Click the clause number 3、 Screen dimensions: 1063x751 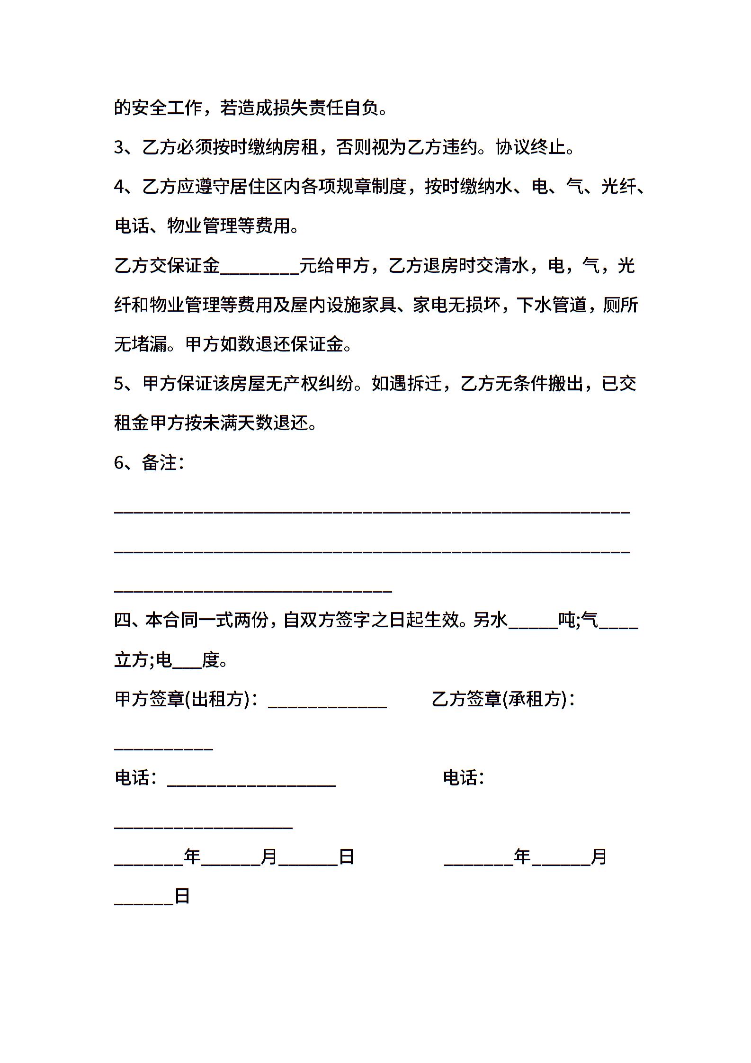click(x=124, y=148)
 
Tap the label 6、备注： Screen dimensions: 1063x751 click(x=149, y=463)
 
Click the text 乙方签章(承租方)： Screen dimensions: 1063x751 click(x=503, y=699)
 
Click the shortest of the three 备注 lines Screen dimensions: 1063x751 click(x=253, y=590)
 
